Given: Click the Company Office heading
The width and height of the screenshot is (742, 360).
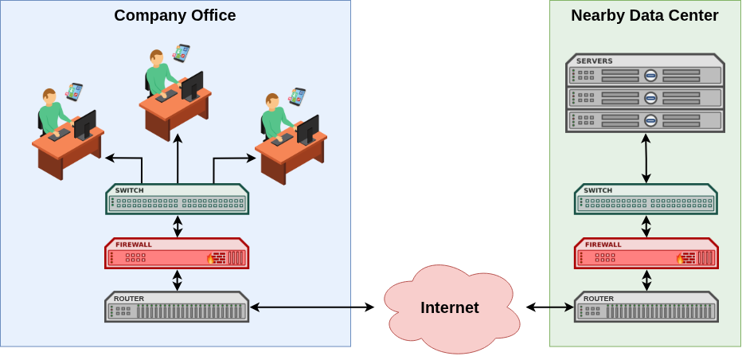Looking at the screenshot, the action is [x=174, y=16].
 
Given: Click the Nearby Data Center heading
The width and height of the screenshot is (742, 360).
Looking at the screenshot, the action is [x=645, y=16].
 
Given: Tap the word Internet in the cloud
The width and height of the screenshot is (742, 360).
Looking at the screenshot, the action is [x=450, y=307].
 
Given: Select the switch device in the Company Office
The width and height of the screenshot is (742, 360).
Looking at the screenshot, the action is [x=177, y=199].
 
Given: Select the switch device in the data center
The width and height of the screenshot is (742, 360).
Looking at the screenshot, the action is [x=646, y=199].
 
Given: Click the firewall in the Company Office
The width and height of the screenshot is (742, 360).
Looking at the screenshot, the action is [x=177, y=253].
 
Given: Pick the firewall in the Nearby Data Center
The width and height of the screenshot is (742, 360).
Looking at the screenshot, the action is [x=646, y=253].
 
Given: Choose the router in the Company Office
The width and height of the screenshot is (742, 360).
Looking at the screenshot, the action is [x=177, y=307].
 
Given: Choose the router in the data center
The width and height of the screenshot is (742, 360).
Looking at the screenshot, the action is [x=646, y=307].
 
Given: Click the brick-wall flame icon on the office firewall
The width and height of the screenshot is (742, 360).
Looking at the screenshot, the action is [x=216, y=258].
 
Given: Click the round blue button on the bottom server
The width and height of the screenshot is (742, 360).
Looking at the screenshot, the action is [x=650, y=120].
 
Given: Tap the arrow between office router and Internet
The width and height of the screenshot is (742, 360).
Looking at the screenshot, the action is [x=312, y=307].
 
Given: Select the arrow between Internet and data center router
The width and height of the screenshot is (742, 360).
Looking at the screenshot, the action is [x=550, y=307].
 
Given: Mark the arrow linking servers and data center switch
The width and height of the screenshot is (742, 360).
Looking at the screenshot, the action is [x=646, y=158].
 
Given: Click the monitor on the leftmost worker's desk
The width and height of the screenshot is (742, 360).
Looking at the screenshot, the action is [x=84, y=125].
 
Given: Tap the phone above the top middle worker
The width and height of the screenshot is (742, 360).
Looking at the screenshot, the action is [x=181, y=53].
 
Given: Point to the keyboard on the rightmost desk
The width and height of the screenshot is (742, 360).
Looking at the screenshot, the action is [x=282, y=139].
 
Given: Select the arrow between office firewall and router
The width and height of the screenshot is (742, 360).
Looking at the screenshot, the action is [x=177, y=280].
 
